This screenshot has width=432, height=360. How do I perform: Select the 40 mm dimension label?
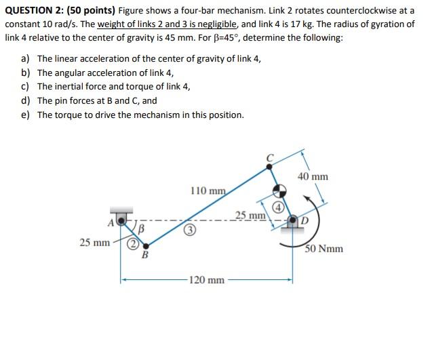[x=313, y=176]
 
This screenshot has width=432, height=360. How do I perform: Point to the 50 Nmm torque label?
[x=323, y=249]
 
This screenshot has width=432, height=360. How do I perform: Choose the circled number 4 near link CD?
[x=278, y=207]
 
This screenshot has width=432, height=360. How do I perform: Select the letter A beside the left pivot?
[x=112, y=220]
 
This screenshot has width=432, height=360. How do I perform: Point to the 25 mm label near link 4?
[x=250, y=216]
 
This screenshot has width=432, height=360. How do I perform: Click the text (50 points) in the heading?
[x=91, y=10]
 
